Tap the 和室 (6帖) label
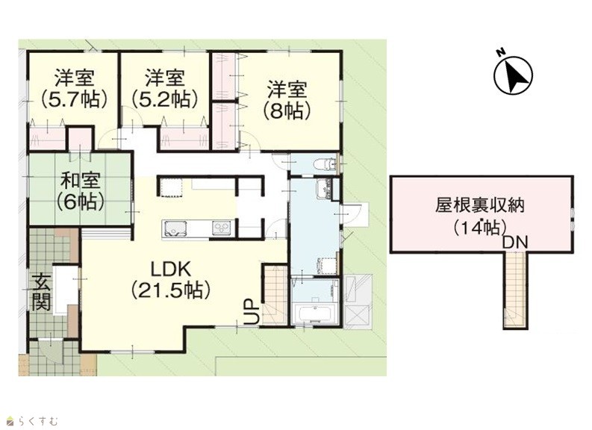81,191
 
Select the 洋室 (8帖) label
287,100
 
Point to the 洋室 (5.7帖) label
74,88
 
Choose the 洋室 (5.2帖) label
165,88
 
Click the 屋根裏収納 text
480,207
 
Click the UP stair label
252,312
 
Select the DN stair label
515,243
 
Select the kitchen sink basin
174,228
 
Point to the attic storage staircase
514,289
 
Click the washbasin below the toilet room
324,188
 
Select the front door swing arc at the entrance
51,349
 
